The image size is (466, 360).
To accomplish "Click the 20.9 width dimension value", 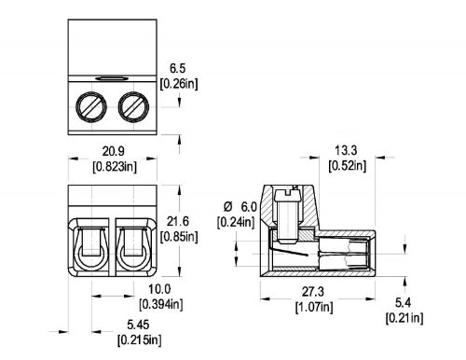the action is tap(113, 151).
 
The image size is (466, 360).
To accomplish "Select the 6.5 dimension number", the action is tap(177, 68).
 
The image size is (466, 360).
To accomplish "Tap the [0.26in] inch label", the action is tap(179, 84).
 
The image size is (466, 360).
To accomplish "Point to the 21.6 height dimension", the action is tap(178, 222).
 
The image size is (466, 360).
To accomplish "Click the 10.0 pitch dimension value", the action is tap(159, 289).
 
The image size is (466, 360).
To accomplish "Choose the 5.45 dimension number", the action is tap(138, 325).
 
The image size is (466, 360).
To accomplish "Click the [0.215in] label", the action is tap(140, 340).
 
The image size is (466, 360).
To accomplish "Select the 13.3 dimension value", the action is tap(346, 150).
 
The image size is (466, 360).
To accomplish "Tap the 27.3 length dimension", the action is tap(313, 292).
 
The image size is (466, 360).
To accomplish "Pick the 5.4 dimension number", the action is tap(404, 302).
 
